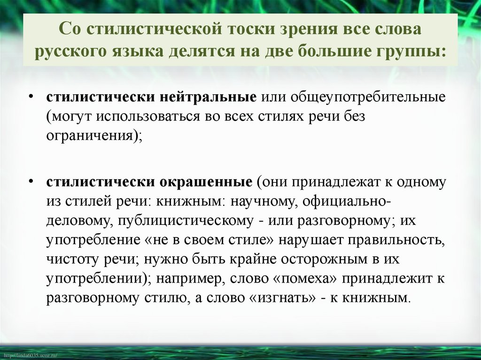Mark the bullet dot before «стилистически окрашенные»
pos(31,180)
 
